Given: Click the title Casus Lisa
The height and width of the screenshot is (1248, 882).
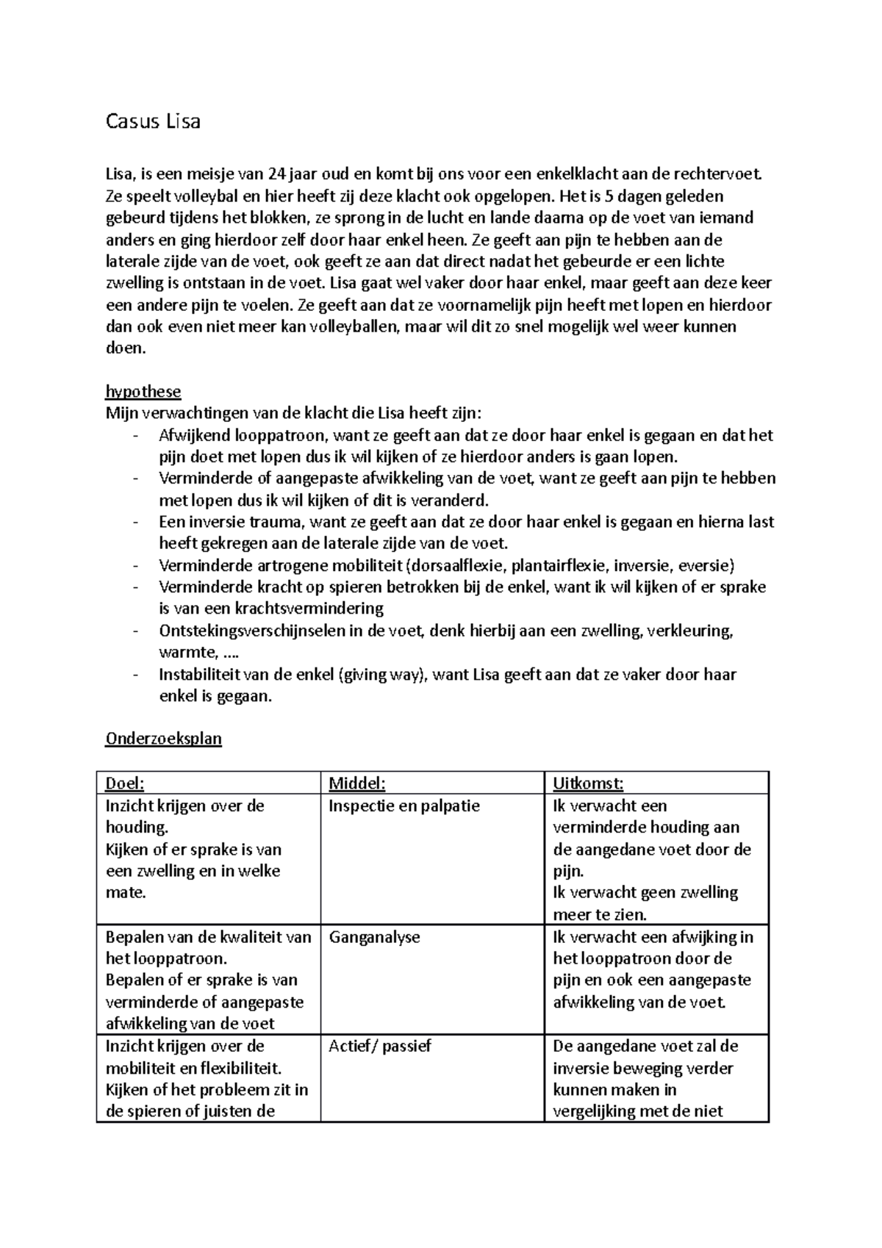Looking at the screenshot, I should (x=153, y=121).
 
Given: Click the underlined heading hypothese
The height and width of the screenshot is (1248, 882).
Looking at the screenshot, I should (x=143, y=392).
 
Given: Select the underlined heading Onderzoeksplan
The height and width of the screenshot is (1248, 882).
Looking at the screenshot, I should (x=163, y=739).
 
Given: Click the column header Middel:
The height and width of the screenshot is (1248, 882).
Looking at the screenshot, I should (x=356, y=783).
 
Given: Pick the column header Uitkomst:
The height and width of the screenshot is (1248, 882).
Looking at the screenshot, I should (x=588, y=783).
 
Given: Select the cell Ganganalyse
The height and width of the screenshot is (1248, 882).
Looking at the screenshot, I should (x=374, y=937).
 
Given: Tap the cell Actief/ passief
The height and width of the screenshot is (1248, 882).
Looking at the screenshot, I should (x=379, y=1046).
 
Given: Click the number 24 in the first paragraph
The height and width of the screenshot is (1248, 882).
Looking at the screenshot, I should (x=276, y=175).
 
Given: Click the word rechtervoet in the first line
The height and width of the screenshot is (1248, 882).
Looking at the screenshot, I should (x=721, y=175).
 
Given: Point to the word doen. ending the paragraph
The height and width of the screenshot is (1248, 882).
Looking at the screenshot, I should (x=126, y=348).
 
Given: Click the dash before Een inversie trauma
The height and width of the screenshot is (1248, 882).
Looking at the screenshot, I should (x=135, y=523).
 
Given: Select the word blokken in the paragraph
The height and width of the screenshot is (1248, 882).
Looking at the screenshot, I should (x=280, y=218).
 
